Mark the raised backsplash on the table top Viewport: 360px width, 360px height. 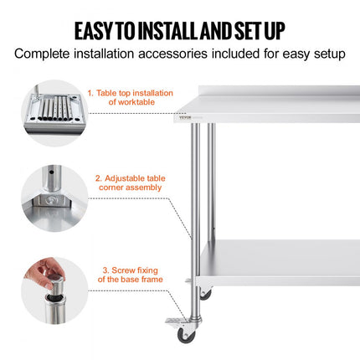pyautogui.click(x=276, y=91)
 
